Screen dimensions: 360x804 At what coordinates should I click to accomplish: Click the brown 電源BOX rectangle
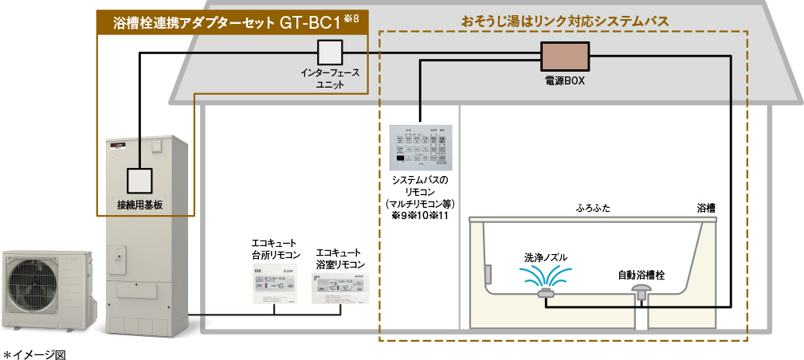coord(565,57)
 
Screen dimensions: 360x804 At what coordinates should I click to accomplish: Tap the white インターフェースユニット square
coord(329,53)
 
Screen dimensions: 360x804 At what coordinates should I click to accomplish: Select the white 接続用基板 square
coord(139,181)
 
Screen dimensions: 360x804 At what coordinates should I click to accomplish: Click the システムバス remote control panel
coord(419,148)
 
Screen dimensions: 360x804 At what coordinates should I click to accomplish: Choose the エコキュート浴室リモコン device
coord(340,288)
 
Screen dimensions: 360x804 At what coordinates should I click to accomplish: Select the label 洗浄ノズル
coord(546,257)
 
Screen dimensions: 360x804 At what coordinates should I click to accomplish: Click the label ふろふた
coord(594,208)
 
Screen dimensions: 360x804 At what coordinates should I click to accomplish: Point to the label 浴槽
coord(705,208)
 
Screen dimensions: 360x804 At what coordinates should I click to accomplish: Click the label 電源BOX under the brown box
coord(565,81)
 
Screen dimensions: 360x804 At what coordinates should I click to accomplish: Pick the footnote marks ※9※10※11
coord(419,216)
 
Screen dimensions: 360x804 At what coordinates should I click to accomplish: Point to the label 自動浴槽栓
coord(641,274)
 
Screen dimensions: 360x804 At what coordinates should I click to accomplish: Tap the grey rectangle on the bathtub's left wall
coord(487,272)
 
